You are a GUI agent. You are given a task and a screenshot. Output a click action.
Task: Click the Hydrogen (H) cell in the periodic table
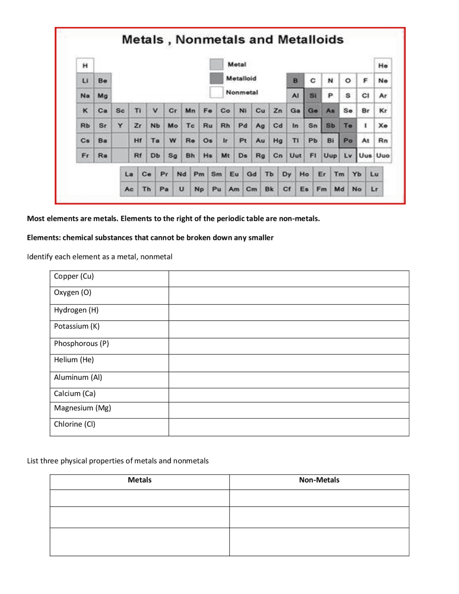[x=85, y=66]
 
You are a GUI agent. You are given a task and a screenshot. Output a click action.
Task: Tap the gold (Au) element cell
[x=260, y=141]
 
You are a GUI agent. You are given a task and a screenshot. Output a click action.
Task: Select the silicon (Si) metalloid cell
[x=313, y=96]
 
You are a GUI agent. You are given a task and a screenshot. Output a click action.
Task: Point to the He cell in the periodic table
[x=383, y=66]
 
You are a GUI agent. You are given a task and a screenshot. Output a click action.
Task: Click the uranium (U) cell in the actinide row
[x=181, y=189]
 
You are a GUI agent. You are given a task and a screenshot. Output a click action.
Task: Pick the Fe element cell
[x=208, y=111]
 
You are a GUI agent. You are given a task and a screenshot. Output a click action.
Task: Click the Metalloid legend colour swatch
[x=216, y=78]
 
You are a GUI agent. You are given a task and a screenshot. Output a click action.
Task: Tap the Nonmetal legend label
[x=242, y=92]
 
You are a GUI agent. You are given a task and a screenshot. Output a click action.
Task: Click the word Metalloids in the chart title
[x=311, y=39]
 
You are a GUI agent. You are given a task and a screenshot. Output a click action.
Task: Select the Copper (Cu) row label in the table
[x=74, y=276]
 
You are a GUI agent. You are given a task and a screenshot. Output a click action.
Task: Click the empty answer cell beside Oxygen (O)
[x=289, y=295]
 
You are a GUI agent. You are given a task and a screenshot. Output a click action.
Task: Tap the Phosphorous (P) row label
[x=81, y=343]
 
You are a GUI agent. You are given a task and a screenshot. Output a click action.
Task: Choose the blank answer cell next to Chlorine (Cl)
[x=289, y=427]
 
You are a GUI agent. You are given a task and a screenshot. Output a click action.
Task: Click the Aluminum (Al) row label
[x=78, y=377]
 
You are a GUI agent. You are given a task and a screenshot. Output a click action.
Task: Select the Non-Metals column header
[x=319, y=480]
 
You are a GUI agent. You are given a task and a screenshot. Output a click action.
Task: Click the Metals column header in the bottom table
[x=139, y=480]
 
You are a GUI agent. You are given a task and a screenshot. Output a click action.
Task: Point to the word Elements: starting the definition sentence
[x=43, y=237]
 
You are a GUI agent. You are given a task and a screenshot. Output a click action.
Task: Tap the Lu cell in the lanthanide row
[x=374, y=174]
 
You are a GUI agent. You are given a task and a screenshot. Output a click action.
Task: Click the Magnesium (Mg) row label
[x=82, y=408]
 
